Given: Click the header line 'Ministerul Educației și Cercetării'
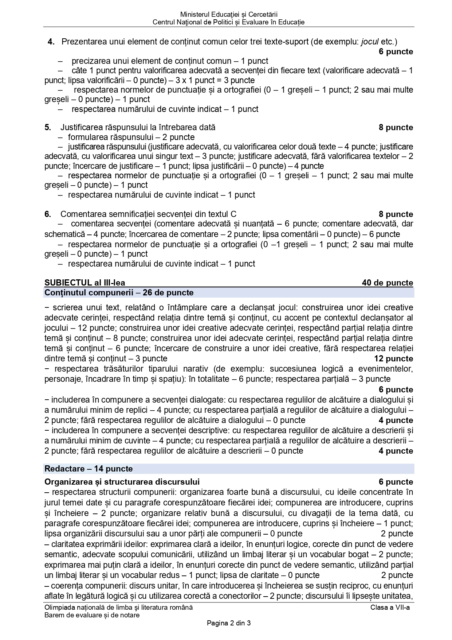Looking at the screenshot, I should pos(228,15).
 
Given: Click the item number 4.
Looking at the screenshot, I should pos(51,42).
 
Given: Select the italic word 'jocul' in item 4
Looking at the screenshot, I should pos(370,42).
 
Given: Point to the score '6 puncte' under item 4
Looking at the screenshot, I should pos(396,52).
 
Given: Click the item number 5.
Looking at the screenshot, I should pos(48,128).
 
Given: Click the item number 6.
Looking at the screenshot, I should pos(48,214).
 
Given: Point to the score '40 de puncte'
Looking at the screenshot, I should pos(387,283).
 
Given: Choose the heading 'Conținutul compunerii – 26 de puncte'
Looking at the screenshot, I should pos(119,293).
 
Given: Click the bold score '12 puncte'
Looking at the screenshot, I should pos(393,359).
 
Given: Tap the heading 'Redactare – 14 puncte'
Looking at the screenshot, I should pos(89,469).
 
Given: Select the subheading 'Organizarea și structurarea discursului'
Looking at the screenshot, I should pos(122,482).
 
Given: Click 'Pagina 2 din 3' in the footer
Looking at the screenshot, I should pos(228,623).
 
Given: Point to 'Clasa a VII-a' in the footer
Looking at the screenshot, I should pos(390,608).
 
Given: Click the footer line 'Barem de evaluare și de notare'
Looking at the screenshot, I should pos(92,615).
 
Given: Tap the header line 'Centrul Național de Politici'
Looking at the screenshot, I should pos(228,22).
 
